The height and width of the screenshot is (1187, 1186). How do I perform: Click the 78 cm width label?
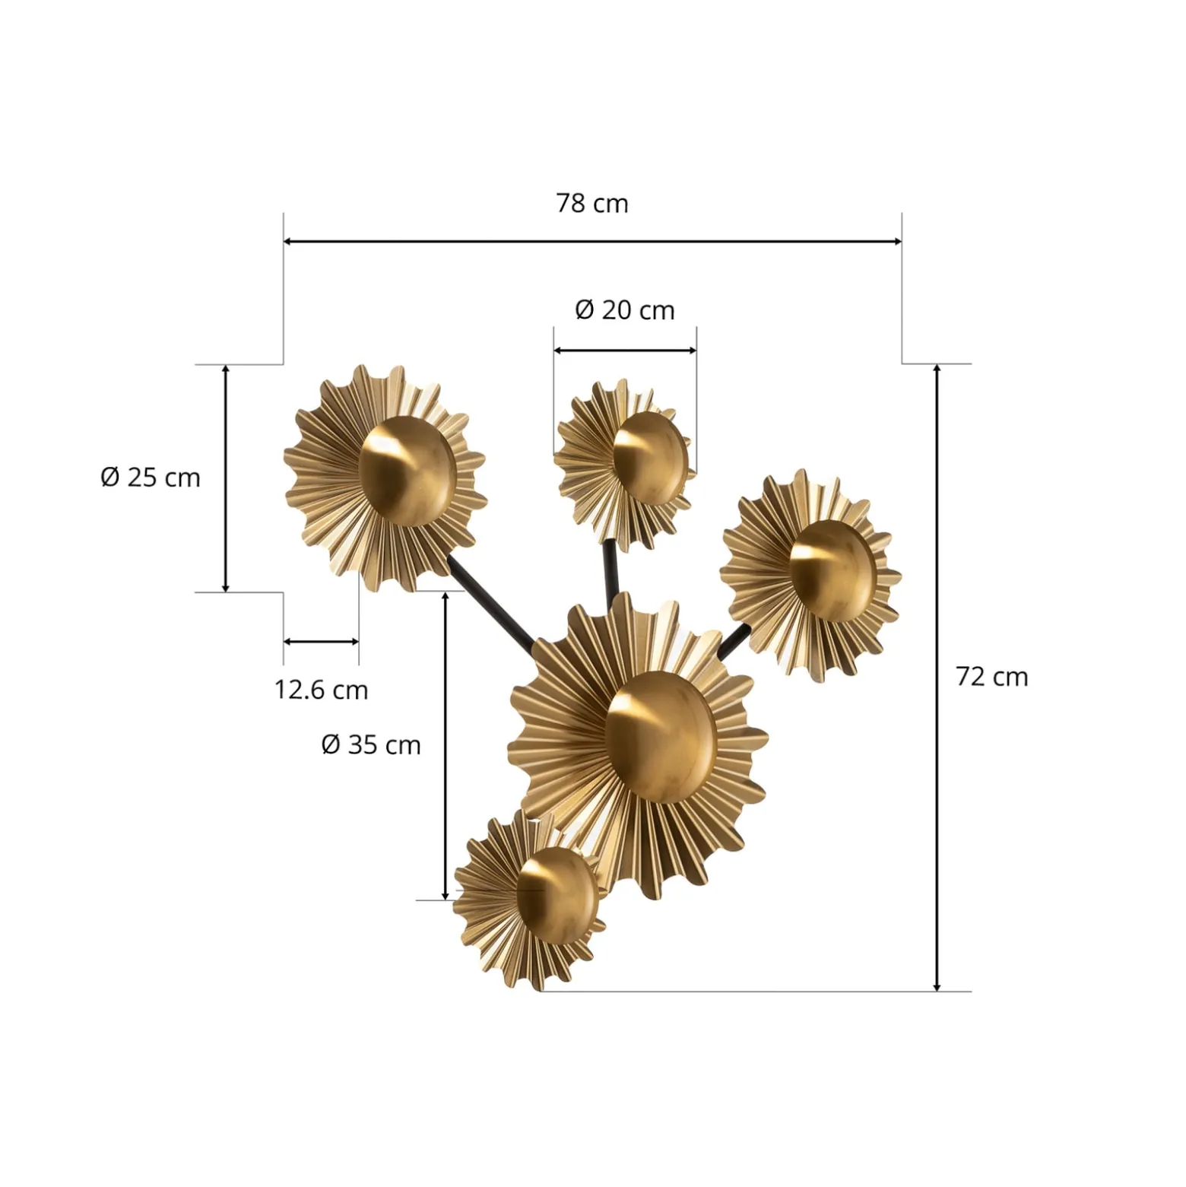[x=592, y=204]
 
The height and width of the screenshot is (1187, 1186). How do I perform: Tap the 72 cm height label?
[x=991, y=676]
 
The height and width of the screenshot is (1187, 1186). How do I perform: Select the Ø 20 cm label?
[x=625, y=310]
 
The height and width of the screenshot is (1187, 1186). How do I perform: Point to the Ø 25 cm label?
[x=151, y=478]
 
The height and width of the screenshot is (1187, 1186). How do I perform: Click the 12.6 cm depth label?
[x=321, y=690]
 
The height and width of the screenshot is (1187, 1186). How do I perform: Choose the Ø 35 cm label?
[x=371, y=744]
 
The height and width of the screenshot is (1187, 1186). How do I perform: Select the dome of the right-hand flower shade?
[x=832, y=570]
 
